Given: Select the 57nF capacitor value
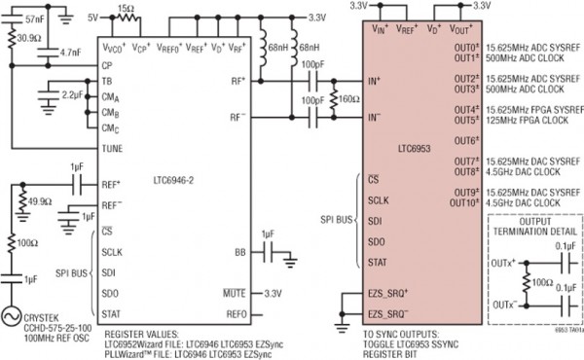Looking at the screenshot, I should [34, 18].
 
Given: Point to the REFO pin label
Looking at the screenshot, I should [237, 314].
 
